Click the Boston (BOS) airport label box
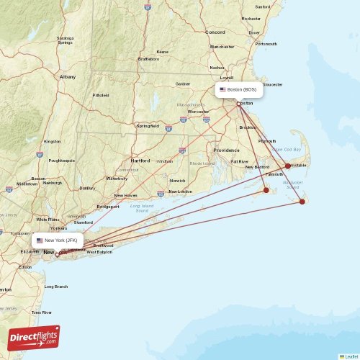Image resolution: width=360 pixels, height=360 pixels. (x=239, y=90)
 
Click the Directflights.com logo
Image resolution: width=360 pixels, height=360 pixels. (x=34, y=337)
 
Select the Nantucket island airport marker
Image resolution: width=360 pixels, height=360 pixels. (x=302, y=202)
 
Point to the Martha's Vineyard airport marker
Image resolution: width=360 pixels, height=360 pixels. (x=266, y=190)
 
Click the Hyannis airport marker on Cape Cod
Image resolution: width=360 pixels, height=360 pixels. (x=288, y=166)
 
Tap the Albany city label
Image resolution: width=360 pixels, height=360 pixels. (x=68, y=76)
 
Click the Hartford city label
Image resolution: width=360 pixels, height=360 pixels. (x=140, y=161)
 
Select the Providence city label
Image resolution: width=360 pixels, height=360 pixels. (x=225, y=150)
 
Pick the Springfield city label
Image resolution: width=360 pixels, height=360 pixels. (x=148, y=126)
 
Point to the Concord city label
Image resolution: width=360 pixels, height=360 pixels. (x=215, y=32)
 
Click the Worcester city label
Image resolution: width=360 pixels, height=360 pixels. (x=198, y=112)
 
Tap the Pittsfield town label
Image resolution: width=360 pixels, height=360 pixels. (x=101, y=95)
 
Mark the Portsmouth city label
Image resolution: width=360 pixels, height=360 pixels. (x=266, y=44)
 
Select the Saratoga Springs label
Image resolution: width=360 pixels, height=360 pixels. (x=66, y=40)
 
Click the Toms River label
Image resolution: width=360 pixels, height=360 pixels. (x=42, y=312)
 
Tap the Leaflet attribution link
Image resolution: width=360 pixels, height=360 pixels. (x=349, y=356)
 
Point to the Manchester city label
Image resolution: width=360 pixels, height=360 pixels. (x=222, y=47)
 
